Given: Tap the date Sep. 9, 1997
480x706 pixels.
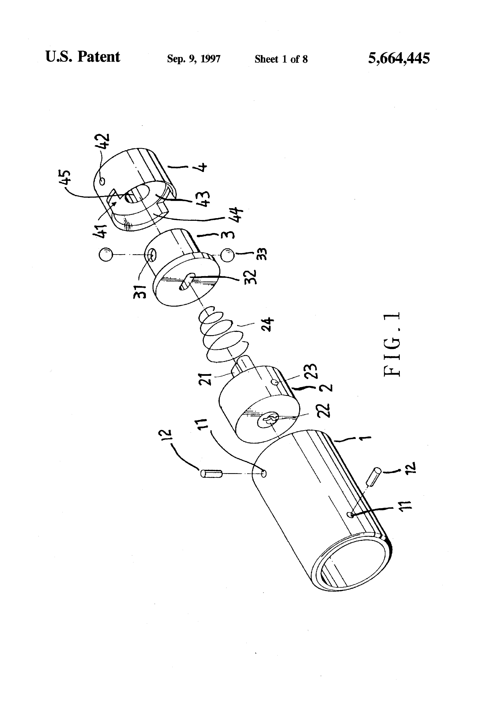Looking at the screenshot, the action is (194, 58).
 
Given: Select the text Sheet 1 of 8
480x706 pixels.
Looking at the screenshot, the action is (281, 59).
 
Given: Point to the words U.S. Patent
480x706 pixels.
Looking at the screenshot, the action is (83, 57).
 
